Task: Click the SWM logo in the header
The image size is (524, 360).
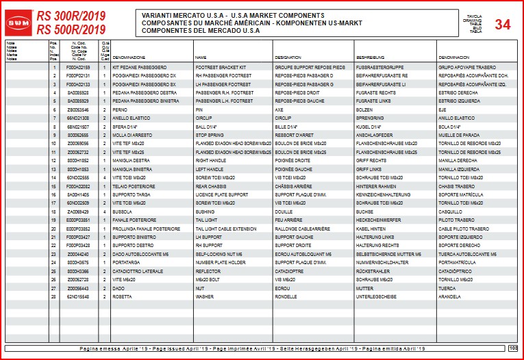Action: (x=19, y=23)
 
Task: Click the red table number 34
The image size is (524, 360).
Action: (x=502, y=25)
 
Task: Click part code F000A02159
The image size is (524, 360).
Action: (x=78, y=68)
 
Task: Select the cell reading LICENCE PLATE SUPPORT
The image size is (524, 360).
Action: (x=221, y=195)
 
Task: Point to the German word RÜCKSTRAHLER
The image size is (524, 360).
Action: (x=374, y=271)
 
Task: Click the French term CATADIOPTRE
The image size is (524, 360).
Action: (x=290, y=271)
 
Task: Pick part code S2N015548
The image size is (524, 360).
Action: (x=78, y=297)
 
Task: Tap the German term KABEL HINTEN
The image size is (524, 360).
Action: (x=372, y=229)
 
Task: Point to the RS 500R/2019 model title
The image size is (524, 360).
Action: (x=71, y=30)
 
